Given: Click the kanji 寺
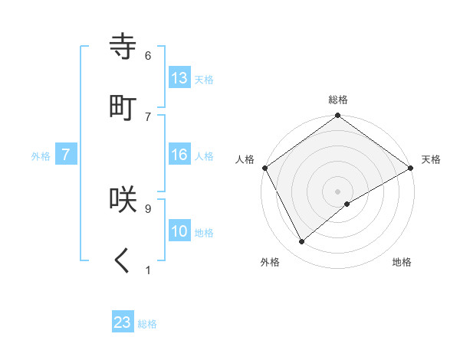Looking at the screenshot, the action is (125, 47).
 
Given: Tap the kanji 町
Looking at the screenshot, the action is (125, 108).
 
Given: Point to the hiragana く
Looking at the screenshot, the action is (123, 261).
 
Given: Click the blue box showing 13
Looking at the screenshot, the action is (179, 78).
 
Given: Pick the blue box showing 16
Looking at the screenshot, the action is (179, 155).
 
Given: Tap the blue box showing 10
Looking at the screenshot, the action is (179, 232).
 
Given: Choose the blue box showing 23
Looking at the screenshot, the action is (123, 322).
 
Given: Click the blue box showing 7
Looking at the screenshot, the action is (66, 155).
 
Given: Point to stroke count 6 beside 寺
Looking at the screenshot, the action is (148, 56).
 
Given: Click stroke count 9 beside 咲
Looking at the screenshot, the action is (148, 208).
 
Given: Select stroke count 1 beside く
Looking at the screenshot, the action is (148, 270).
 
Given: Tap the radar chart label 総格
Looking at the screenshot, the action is (338, 100).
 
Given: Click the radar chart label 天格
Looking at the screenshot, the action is (432, 159).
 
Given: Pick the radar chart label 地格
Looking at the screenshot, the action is (402, 262).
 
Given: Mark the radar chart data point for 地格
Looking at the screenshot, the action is (347, 204).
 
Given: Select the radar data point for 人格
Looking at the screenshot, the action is (264, 168).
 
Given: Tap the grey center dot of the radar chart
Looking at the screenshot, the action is (338, 191).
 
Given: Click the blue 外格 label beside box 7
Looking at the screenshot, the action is (41, 155).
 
